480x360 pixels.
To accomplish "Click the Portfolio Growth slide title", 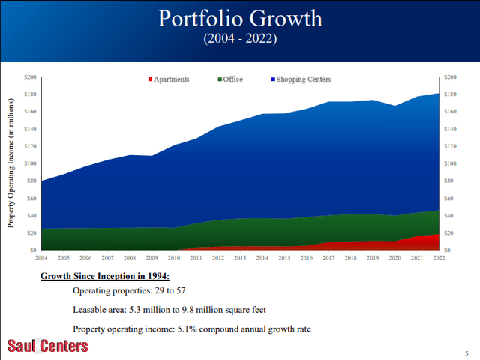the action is tap(240, 19).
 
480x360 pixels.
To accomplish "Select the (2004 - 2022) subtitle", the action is tap(240, 38).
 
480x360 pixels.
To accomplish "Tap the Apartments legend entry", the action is tap(169, 79).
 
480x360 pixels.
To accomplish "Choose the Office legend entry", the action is tap(230, 79).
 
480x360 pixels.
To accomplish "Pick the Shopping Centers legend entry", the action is tap(301, 79).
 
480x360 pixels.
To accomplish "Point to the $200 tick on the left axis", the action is tap(30, 76).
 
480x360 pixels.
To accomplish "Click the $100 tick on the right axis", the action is tap(450, 163).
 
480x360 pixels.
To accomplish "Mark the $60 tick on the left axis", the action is tap(31, 198).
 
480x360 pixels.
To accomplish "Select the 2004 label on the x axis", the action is tap(41, 258).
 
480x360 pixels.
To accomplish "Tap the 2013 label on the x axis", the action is tap(240, 258).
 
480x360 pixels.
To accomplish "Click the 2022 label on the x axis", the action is tap(439, 258).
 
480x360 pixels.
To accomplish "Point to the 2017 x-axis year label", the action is tap(328, 258).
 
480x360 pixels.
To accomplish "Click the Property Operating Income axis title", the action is tap(10, 163).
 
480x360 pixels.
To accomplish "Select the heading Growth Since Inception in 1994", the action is tap(105, 276).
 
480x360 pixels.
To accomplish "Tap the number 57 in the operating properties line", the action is tap(180, 290).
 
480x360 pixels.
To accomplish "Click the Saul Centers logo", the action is tap(48, 346).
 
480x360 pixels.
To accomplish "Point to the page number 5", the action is tap(466, 353).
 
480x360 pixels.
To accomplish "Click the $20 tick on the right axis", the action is tap(449, 233).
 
